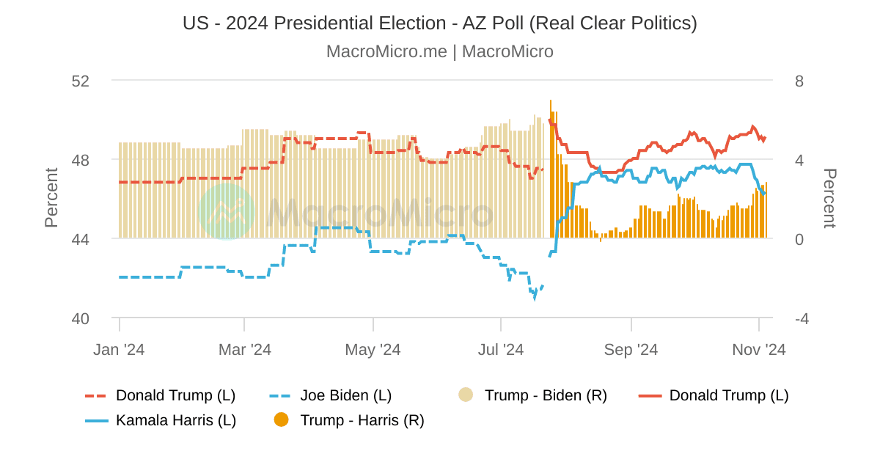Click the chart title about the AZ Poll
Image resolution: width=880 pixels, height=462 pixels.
tap(439, 23)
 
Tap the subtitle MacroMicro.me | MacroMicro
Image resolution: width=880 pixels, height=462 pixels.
tap(439, 52)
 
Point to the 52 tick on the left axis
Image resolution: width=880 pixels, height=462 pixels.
tap(80, 81)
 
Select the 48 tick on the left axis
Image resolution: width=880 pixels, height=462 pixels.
tap(80, 160)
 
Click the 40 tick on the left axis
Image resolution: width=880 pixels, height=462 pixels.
tap(80, 318)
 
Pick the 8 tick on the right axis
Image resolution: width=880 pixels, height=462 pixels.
tap(799, 81)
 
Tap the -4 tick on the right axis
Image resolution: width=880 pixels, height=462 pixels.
tap(802, 318)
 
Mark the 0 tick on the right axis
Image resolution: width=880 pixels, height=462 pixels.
tap(799, 239)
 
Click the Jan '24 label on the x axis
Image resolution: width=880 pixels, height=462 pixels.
tap(119, 350)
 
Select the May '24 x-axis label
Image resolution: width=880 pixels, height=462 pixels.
tap(373, 350)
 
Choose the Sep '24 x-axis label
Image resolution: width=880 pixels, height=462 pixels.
tap(631, 350)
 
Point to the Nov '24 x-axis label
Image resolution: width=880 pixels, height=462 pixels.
tap(758, 350)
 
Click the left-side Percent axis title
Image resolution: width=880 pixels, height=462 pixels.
tap(51, 198)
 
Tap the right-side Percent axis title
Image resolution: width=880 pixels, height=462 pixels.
tap(829, 198)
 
